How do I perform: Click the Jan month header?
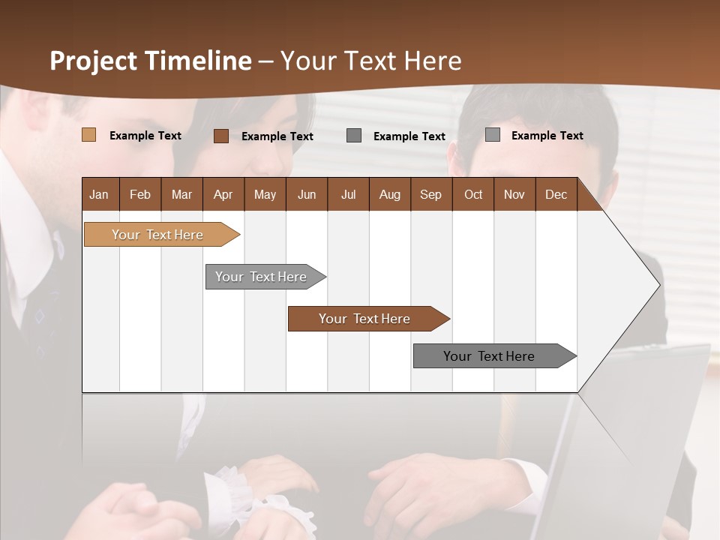(99, 194)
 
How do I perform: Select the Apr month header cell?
(223, 194)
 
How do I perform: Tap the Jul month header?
(348, 194)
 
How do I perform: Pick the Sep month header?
(430, 194)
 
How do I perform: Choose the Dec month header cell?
(556, 194)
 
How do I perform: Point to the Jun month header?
(306, 194)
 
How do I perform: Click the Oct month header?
(472, 194)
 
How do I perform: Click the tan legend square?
(88, 135)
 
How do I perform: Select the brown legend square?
(220, 136)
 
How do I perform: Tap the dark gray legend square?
(354, 135)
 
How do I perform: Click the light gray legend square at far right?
(492, 135)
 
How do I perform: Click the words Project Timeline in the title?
(150, 61)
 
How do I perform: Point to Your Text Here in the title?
(370, 61)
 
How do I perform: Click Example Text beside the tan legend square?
(145, 136)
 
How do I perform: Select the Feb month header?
(139, 194)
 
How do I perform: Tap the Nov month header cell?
(514, 194)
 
